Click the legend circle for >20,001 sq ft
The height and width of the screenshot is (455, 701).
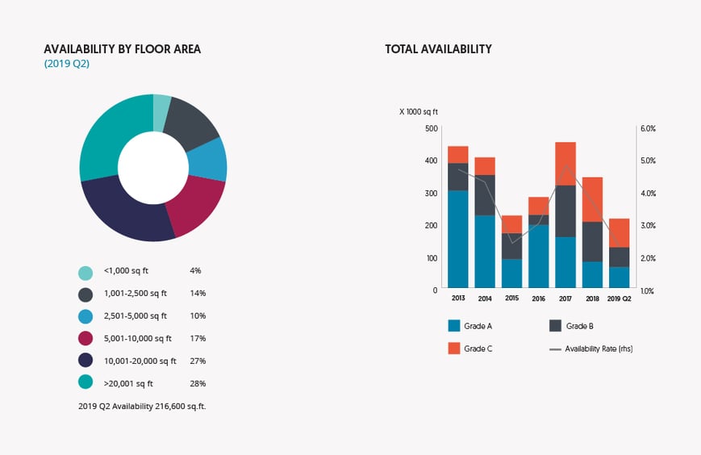pos(85,384)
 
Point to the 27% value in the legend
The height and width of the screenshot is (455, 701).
pos(198,361)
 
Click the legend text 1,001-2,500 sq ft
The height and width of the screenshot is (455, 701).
pos(136,294)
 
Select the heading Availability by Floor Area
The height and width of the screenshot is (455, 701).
pos(122,49)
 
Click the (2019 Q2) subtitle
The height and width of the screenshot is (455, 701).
pos(66,64)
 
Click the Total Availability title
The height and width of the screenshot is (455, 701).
pos(438,49)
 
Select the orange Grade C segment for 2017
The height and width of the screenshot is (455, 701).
pos(565,164)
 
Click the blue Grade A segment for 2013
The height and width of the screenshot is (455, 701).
pos(458,239)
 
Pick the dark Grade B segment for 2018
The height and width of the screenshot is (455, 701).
pos(592,241)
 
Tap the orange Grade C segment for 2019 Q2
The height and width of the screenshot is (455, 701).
pos(619,232)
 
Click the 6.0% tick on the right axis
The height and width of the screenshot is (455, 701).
pos(648,128)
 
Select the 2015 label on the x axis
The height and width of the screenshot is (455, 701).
pos(511,298)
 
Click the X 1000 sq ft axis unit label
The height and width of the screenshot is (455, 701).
pos(419,112)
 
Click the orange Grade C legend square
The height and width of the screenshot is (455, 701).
pos(454,349)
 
